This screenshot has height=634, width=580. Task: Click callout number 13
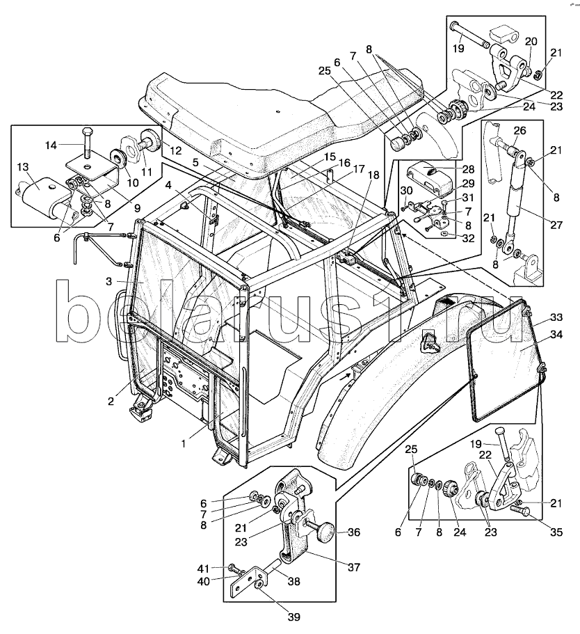[x=22, y=167]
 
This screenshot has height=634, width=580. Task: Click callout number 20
[x=530, y=40]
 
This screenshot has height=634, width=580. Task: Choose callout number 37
[x=355, y=567]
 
